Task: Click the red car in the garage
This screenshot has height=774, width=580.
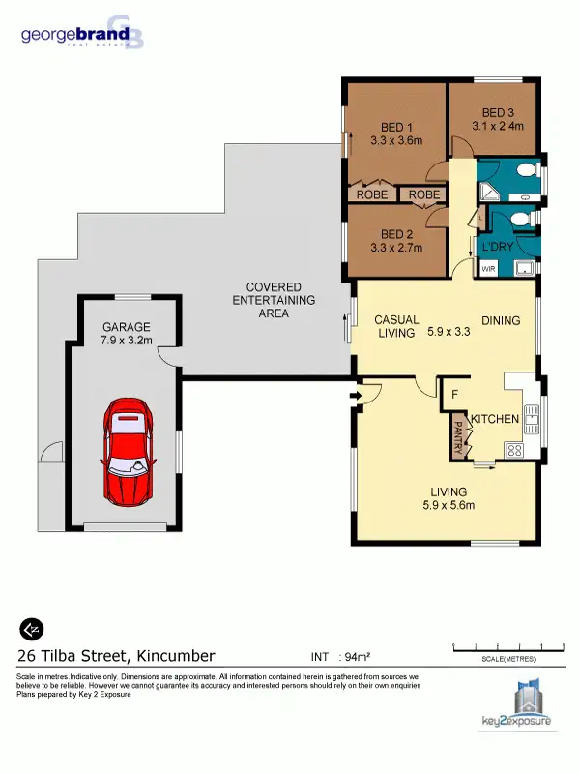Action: click(128, 451)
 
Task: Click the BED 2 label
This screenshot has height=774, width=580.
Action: click(397, 234)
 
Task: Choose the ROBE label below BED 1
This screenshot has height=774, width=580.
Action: click(372, 194)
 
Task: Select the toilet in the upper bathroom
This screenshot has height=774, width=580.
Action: click(525, 171)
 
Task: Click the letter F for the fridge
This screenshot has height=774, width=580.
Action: click(453, 394)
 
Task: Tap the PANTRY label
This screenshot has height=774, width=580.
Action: click(458, 434)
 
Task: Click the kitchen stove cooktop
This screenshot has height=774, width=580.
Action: click(514, 450)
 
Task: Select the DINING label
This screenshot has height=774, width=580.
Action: click(501, 321)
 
